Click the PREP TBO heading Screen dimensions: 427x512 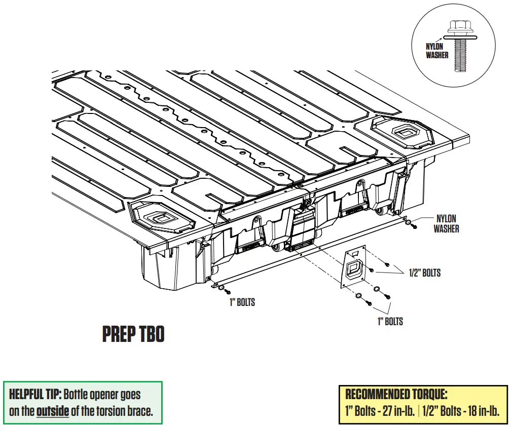(x=133, y=334)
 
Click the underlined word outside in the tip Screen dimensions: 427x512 (x=52, y=411)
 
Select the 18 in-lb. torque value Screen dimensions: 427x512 (x=475, y=411)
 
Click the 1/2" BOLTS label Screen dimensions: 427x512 (x=424, y=273)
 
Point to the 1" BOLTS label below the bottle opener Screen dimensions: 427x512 (x=390, y=322)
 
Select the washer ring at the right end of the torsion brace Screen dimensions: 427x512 (x=408, y=222)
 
